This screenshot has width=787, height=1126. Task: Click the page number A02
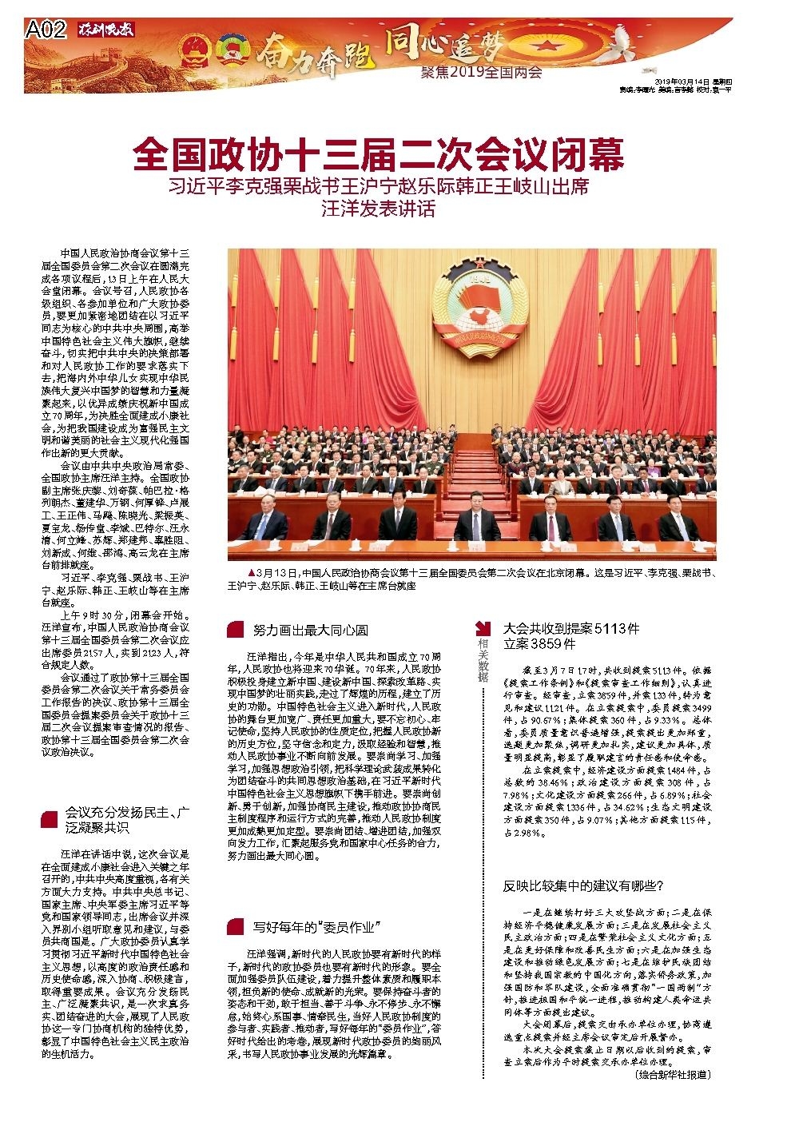(45, 30)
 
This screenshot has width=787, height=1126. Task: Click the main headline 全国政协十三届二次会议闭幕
(378, 155)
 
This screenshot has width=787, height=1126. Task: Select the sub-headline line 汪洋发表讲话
(378, 210)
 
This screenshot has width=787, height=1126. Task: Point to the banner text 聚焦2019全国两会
(481, 73)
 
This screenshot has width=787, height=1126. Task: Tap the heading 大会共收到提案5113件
(570, 628)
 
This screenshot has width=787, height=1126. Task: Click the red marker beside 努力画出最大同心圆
(235, 630)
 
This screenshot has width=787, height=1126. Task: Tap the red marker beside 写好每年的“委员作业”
(235, 927)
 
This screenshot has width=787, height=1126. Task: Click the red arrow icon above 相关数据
(483, 628)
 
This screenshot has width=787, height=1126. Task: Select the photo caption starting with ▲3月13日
(471, 579)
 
